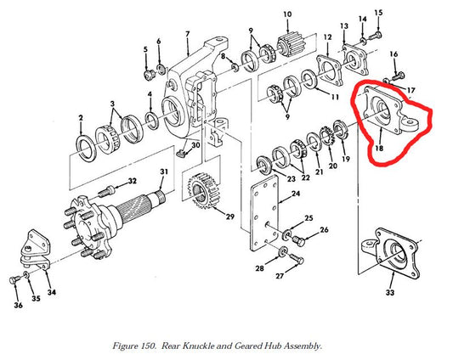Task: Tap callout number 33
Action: pos(390,294)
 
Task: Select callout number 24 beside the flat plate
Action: pos(295,195)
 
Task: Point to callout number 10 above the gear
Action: pos(287,14)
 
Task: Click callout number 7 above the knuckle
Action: pos(187,34)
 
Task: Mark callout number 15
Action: pos(379,13)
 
